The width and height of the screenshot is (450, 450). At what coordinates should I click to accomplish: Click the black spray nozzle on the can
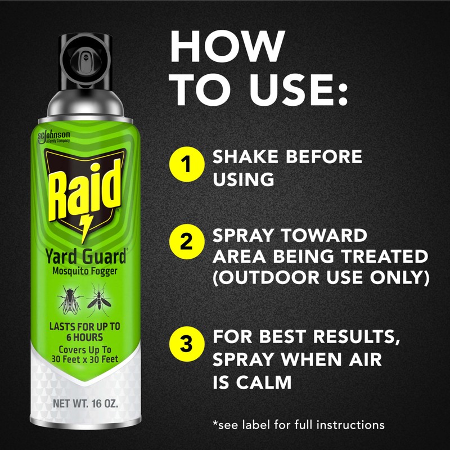click(x=84, y=62)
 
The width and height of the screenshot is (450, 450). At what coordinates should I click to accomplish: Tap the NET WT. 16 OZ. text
click(x=84, y=404)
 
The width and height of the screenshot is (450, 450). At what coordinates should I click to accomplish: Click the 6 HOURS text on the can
click(x=84, y=337)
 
